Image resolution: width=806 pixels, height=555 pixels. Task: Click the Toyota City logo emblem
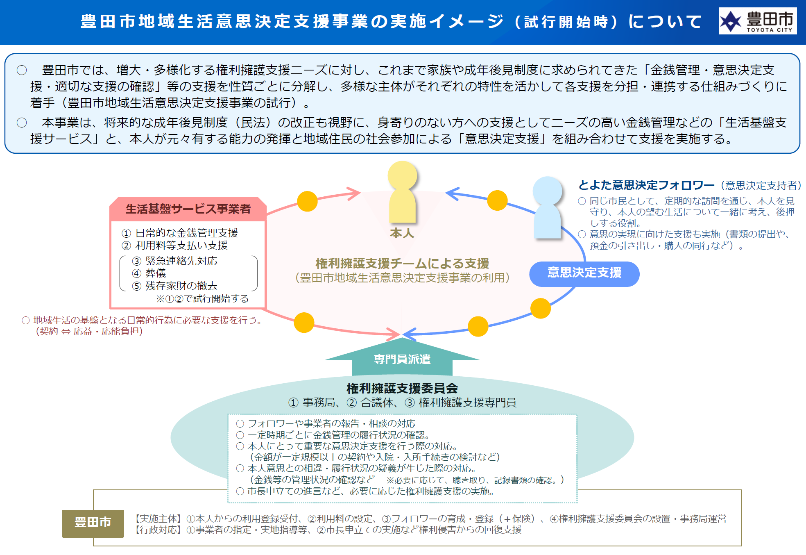(731, 21)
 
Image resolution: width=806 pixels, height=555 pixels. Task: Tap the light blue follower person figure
(548, 207)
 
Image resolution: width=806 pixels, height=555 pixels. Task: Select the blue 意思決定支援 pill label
(584, 273)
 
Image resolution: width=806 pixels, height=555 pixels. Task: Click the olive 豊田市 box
(93, 523)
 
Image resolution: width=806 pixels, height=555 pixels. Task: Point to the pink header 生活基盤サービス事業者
(188, 209)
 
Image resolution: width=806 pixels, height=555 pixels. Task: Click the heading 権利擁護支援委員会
(402, 388)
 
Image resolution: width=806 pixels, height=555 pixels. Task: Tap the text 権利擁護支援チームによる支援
(402, 263)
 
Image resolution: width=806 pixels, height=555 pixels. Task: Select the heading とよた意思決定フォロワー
(646, 185)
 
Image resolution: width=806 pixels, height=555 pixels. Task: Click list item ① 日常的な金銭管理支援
(180, 233)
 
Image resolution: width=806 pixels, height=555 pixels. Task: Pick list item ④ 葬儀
(149, 273)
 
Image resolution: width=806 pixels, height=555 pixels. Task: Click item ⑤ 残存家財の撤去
(175, 286)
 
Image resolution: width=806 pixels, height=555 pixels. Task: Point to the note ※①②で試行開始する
(202, 299)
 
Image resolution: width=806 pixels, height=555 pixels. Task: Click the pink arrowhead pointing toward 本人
(353, 193)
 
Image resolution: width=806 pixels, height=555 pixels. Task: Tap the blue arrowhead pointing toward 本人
(452, 193)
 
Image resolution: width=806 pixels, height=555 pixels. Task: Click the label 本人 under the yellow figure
(402, 233)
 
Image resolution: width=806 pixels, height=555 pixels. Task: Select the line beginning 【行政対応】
(328, 530)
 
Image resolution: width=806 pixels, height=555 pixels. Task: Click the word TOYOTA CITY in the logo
(769, 30)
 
